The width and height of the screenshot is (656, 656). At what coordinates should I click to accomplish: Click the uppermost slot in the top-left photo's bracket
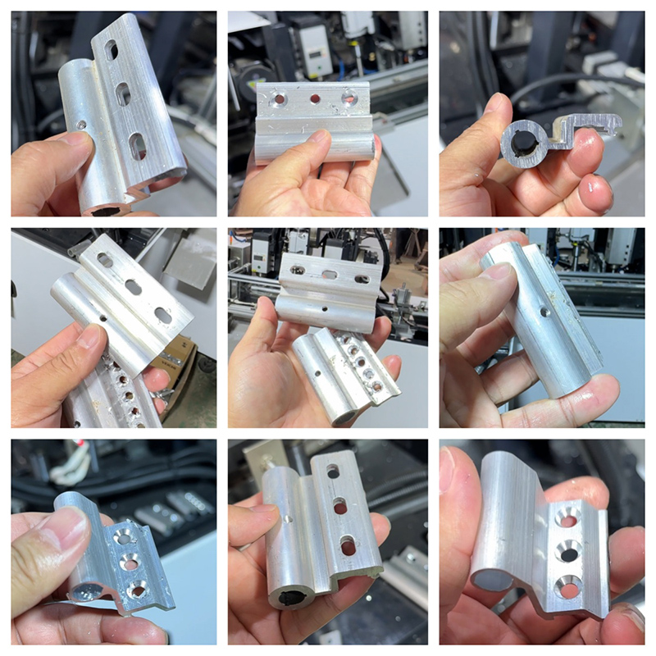point(111,50)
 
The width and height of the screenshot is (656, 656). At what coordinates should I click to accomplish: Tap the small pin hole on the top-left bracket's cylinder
point(82,125)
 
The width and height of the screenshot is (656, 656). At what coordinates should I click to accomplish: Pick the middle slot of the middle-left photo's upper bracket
point(133,287)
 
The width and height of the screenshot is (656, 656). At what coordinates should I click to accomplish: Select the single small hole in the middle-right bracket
point(545,312)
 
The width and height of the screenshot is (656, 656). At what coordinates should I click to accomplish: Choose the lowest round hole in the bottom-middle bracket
point(348,544)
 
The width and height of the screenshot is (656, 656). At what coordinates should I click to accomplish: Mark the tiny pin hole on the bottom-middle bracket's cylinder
point(288,518)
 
